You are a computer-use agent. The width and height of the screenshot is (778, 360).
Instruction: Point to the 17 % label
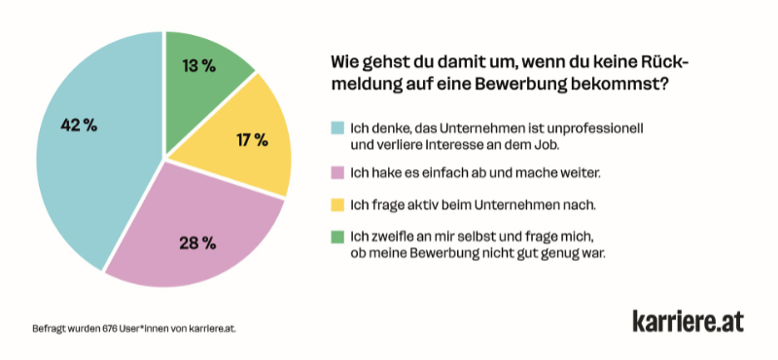point(252,140)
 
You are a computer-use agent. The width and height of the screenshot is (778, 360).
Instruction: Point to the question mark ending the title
point(664,85)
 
